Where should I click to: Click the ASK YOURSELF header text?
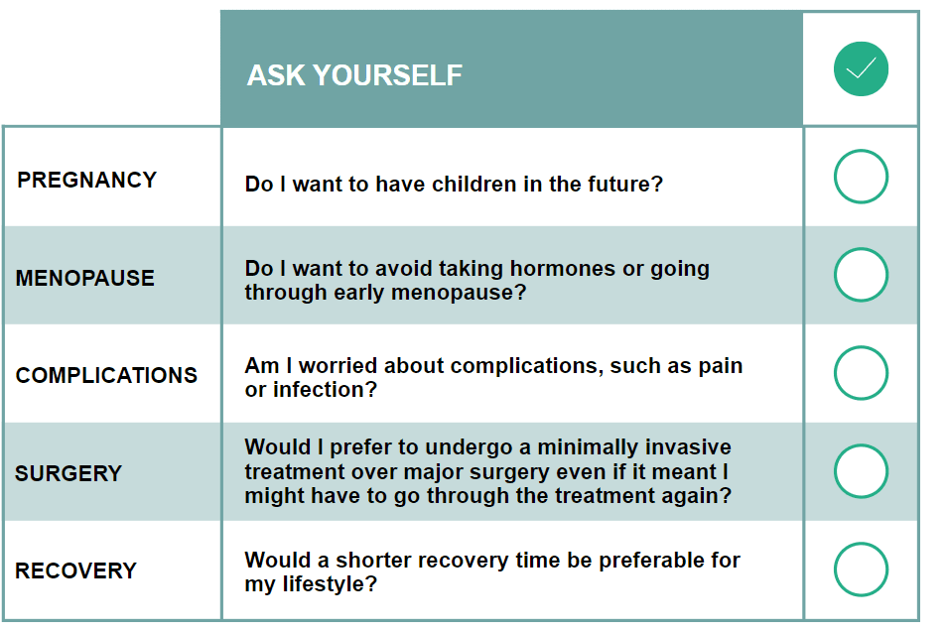(354, 75)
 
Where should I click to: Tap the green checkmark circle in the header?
(861, 68)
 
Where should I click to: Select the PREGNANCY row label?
(87, 180)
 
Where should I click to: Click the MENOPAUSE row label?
(85, 278)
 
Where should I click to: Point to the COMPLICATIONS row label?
(106, 375)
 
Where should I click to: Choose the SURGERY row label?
(68, 473)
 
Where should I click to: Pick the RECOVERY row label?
(76, 570)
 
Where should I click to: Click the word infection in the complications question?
(325, 389)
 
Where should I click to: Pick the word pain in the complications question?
(721, 366)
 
